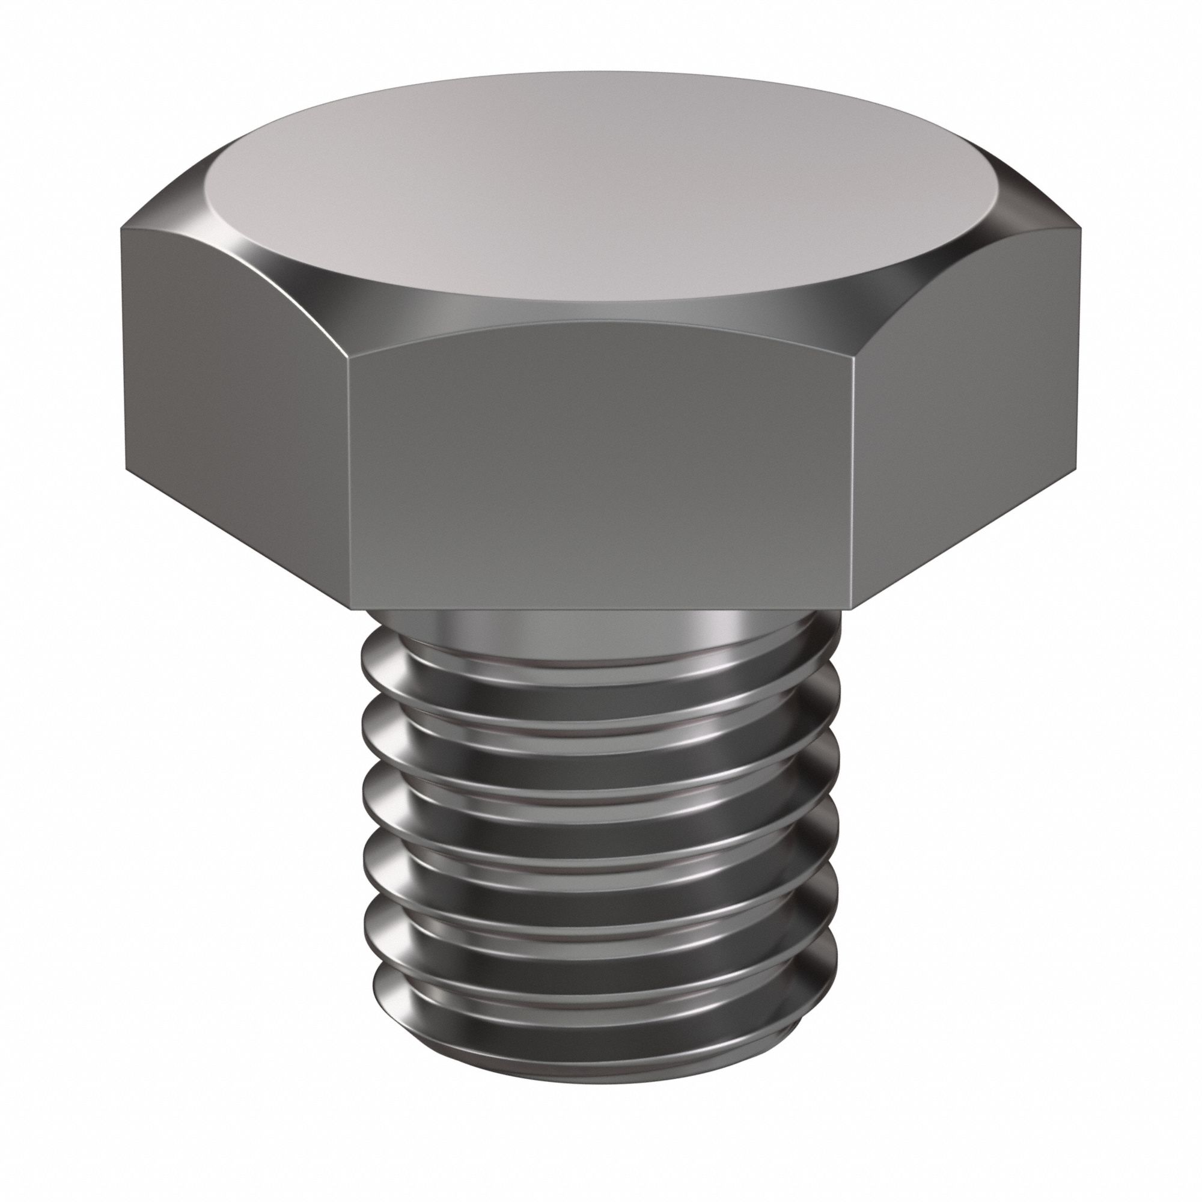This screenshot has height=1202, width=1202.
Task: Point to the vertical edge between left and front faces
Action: coord(349,473)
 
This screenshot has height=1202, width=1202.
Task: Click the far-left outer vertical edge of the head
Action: coord(123,349)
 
